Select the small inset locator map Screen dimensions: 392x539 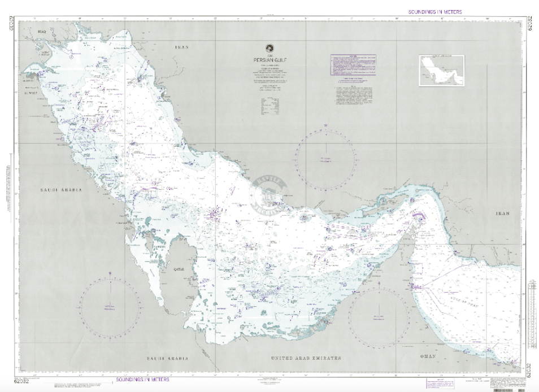click(441, 70)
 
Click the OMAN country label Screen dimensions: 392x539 click(429, 356)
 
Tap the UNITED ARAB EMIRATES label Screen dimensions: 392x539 click(306, 359)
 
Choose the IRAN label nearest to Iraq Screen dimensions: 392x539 click(181, 47)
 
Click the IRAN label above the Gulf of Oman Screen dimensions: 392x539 click(502, 214)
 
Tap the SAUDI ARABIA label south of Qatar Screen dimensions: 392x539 click(167, 359)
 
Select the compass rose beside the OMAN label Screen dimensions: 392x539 click(378, 317)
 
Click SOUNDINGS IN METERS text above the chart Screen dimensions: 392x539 click(434, 12)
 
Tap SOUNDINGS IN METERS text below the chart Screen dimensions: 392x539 click(142, 380)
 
